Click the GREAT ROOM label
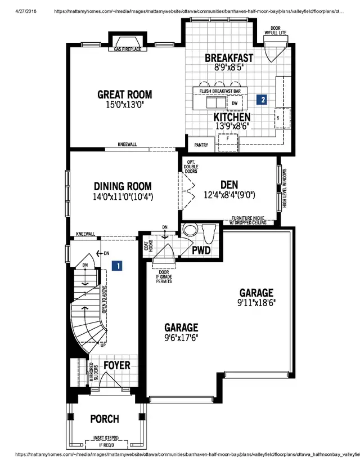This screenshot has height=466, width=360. point(124,95)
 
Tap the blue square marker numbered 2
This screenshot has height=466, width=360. point(262,100)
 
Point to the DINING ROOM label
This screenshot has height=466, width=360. point(123,186)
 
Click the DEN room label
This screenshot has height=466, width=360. point(230,185)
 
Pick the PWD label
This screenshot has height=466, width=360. point(201,249)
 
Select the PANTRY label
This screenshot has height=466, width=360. point(201,145)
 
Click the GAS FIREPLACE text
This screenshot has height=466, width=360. point(127,49)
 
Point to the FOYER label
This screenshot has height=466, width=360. point(117,365)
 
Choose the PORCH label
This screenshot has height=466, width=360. point(104,419)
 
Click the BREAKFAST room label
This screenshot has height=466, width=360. point(229,58)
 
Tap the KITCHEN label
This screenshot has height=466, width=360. point(232,117)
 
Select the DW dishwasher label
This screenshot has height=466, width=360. point(233,104)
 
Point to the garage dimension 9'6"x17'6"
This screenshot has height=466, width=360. point(181,337)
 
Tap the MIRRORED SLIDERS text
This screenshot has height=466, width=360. point(92,374)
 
